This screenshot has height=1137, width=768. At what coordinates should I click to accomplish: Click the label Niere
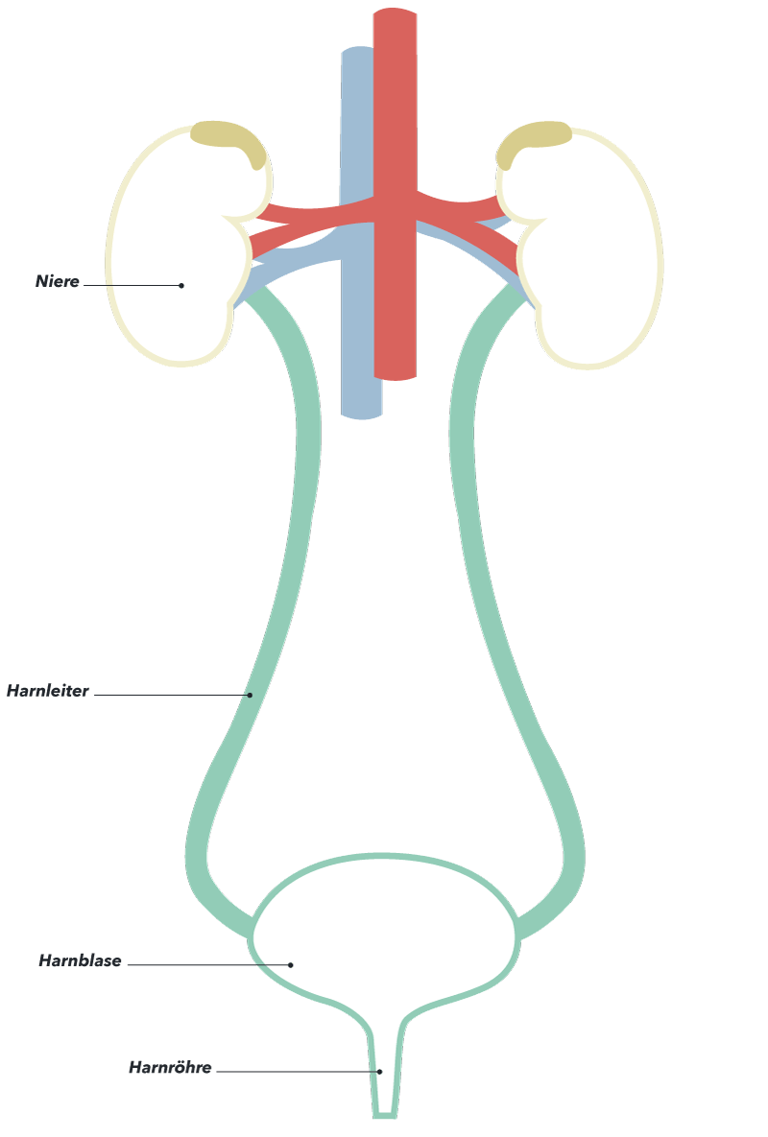click(58, 281)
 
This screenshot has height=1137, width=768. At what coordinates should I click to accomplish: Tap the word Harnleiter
click(48, 691)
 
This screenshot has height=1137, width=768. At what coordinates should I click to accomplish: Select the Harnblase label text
click(80, 960)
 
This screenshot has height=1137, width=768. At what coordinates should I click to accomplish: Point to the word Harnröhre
click(171, 1067)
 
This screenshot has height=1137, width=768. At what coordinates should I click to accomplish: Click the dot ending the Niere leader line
click(181, 286)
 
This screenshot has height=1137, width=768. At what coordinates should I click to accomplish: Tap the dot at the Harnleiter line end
click(251, 695)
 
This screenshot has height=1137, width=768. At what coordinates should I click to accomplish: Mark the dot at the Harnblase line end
click(291, 965)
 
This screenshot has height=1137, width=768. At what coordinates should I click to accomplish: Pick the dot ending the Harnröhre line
click(379, 1072)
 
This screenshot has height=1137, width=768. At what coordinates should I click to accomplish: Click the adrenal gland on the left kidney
click(227, 139)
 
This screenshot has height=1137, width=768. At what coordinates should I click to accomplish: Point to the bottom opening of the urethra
click(385, 1115)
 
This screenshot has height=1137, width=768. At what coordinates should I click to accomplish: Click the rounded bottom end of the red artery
click(396, 376)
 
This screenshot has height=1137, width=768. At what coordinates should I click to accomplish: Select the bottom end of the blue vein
click(361, 415)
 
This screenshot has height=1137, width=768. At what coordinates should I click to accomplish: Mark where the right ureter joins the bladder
click(517, 928)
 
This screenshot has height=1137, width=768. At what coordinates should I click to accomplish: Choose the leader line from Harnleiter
click(172, 695)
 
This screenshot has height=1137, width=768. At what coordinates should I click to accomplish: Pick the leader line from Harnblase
click(209, 965)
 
